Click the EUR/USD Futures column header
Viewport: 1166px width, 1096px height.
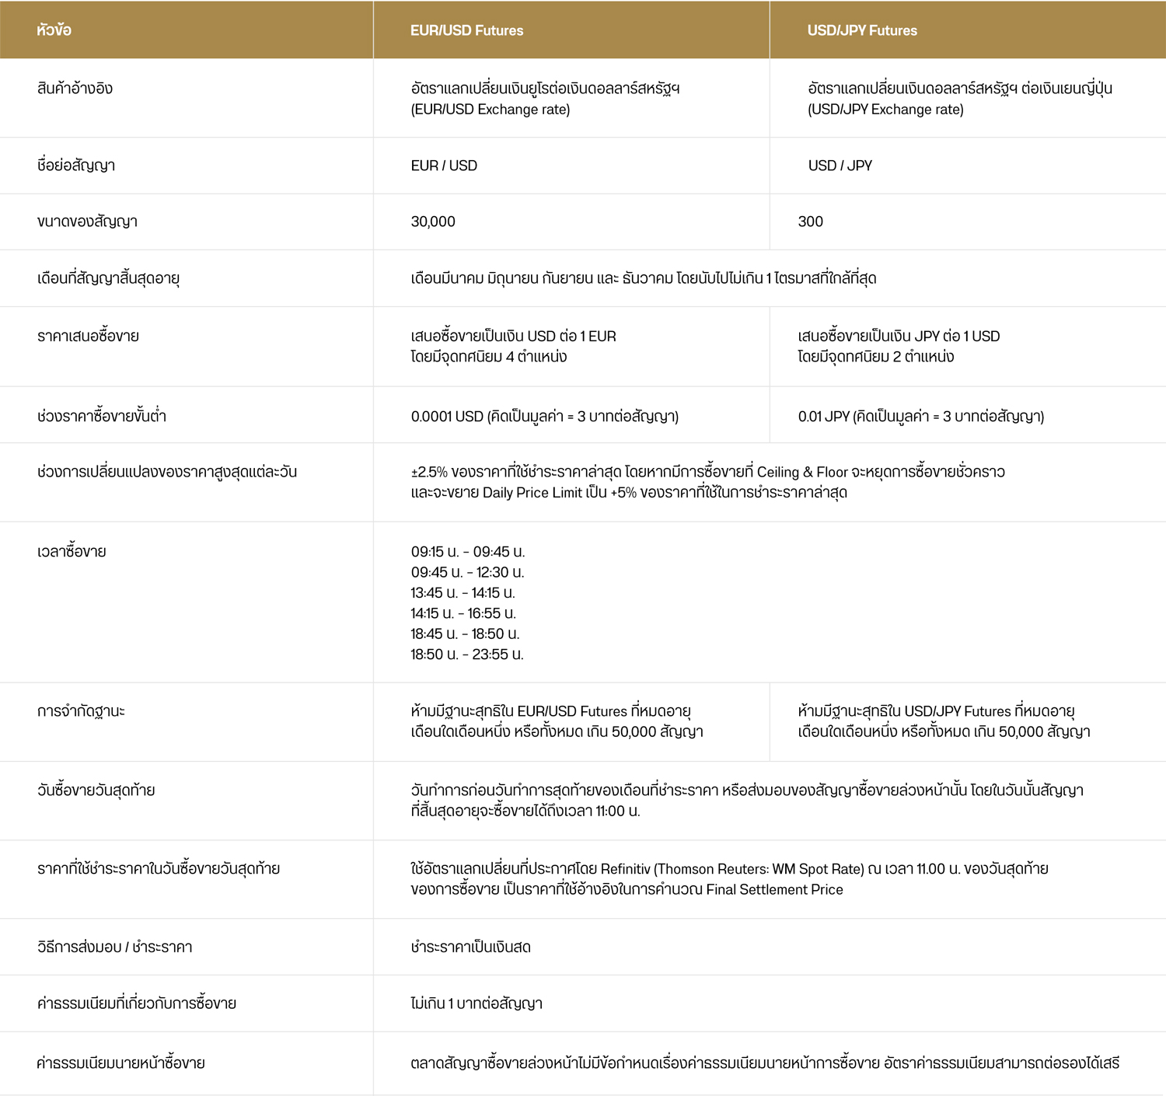pos(466,30)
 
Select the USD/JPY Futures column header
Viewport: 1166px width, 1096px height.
pos(862,30)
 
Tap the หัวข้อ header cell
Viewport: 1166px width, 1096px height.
pos(54,30)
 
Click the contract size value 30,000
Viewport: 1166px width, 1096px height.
pos(433,222)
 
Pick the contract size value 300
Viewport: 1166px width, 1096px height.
pos(810,222)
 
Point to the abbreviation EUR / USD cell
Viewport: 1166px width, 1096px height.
pos(444,166)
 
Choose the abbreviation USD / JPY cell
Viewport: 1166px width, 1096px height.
pos(840,166)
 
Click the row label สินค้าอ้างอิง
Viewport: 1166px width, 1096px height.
pos(75,89)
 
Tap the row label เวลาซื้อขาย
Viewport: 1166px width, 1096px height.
pos(72,552)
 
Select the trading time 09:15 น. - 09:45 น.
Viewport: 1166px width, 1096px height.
pos(468,552)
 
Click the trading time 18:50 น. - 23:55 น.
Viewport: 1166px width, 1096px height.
pos(467,654)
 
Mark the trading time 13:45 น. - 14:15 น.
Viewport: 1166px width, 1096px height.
pos(463,593)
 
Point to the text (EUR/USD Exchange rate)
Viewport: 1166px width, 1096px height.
pos(490,110)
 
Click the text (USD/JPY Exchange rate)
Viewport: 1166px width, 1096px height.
pos(885,110)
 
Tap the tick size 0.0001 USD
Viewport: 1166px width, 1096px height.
pos(447,417)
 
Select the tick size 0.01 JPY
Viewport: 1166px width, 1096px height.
pos(823,417)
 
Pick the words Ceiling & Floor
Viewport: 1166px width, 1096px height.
pos(802,472)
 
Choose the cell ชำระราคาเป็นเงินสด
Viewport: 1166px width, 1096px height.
pos(470,948)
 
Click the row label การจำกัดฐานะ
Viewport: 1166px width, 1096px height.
pos(81,711)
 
